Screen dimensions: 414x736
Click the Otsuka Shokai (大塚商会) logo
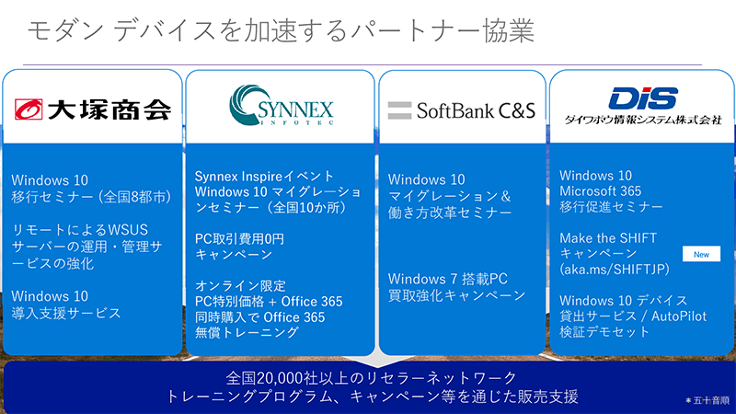point(93,110)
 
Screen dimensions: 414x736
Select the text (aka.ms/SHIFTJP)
point(614,270)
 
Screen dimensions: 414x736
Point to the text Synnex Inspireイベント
point(265,175)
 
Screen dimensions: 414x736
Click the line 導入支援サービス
point(66,313)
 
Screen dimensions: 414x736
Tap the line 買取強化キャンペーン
point(457,295)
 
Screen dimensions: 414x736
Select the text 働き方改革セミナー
point(450,212)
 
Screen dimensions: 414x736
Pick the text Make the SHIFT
point(608,237)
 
